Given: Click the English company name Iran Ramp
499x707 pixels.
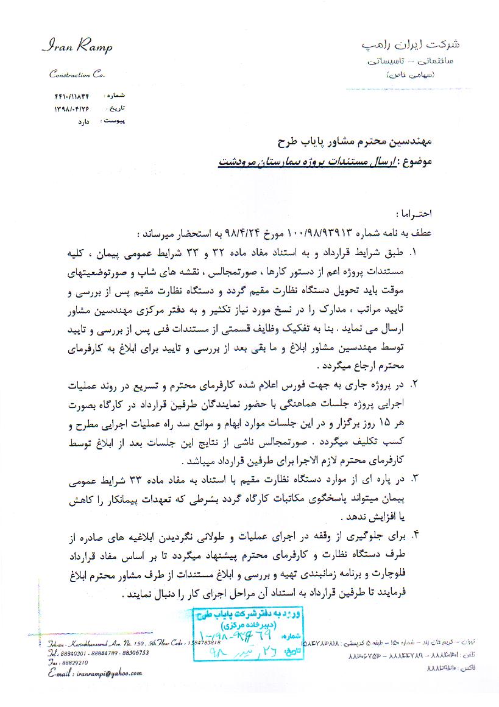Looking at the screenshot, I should (x=77, y=47).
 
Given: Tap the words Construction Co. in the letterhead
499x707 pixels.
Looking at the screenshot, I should (x=77, y=74).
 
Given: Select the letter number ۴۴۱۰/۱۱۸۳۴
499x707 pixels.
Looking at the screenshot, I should (x=72, y=96).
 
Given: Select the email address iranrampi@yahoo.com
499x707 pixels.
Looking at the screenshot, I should (x=107, y=674).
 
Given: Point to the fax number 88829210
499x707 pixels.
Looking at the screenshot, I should (x=75, y=662).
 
